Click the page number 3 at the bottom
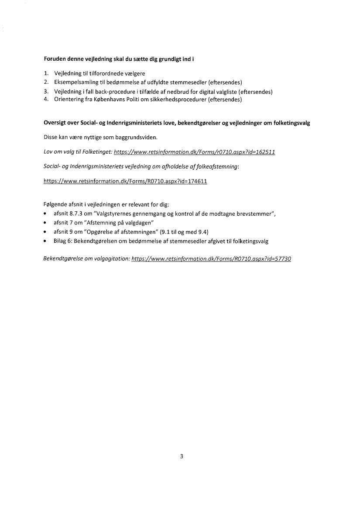coord(181,457)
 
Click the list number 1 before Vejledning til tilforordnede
coord(46,74)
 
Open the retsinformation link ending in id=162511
coord(194,152)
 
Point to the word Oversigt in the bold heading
coord(56,124)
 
